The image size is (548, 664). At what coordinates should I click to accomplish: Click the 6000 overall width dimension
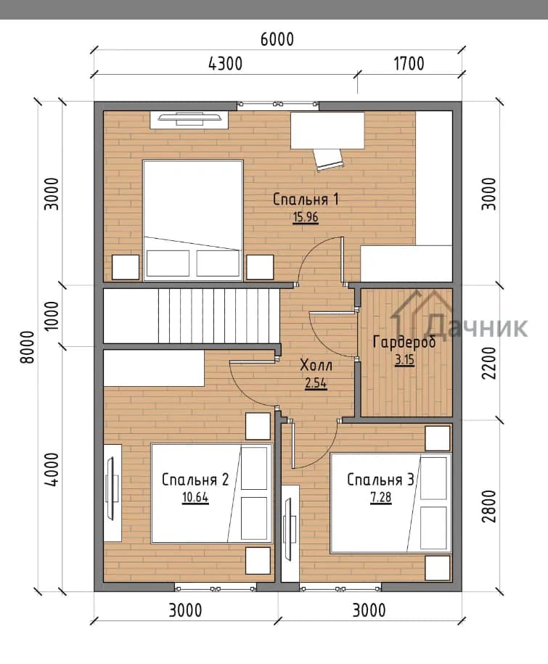[x=277, y=39]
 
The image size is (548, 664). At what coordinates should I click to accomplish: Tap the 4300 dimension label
[x=226, y=64]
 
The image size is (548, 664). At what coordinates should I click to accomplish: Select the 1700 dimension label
[x=409, y=64]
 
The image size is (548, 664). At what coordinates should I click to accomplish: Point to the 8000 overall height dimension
[x=27, y=346]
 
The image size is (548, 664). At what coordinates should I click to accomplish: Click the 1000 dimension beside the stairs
[x=52, y=316]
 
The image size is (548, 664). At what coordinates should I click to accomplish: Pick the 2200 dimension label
[x=489, y=363]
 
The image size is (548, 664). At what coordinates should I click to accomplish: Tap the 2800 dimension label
[x=489, y=506]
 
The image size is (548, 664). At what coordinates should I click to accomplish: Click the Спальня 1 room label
[x=306, y=200]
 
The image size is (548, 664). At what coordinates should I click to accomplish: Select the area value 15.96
[x=306, y=217]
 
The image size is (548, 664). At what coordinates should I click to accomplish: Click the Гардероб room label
[x=404, y=342]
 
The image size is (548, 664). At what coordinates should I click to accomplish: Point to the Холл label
[x=316, y=364]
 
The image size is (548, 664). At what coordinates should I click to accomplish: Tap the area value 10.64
[x=195, y=497]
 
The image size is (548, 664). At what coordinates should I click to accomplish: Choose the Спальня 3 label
[x=380, y=480]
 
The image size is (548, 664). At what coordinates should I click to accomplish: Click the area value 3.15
[x=404, y=360]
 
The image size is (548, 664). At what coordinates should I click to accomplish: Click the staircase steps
[x=219, y=316]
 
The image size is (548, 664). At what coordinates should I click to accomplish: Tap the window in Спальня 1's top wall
[x=278, y=104]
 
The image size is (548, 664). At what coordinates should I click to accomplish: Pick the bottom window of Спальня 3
[x=340, y=588]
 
